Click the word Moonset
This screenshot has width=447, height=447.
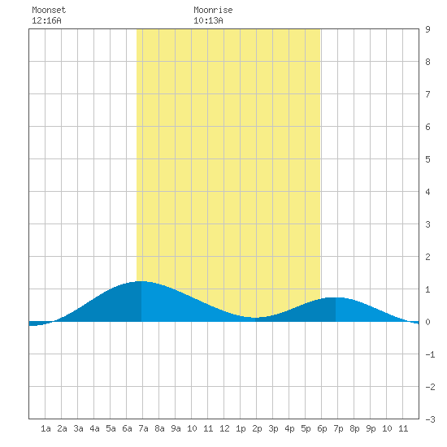49,10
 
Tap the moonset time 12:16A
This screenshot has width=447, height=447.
46,20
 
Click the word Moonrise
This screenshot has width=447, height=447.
213,10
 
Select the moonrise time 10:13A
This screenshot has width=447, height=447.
208,20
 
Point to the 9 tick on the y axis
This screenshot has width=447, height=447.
427,29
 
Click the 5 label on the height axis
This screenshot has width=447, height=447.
427,159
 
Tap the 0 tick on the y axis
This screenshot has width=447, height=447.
427,322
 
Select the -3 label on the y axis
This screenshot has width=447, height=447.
430,419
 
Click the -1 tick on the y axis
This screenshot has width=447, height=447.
430,354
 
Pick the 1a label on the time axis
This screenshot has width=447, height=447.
46,428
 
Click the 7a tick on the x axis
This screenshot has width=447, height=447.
143,428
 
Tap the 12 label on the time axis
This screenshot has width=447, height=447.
224,428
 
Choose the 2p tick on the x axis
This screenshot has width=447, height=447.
257,428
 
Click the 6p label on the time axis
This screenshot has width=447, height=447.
322,428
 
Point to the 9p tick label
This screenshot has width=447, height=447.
371,428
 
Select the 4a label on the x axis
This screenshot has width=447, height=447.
94,428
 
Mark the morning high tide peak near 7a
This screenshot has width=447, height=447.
141,281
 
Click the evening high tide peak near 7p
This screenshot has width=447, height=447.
336,297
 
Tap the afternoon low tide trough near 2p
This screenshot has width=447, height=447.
255,318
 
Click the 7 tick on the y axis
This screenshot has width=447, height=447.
427,94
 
